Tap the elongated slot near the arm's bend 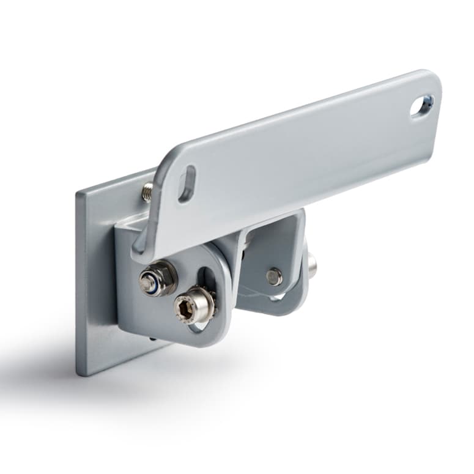(187, 183)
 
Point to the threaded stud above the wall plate (147, 192)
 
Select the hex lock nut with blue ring (158, 278)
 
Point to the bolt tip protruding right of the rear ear (313, 264)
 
